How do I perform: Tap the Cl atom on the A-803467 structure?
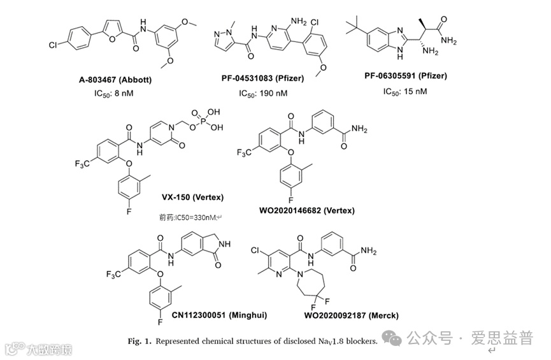[x=54, y=46]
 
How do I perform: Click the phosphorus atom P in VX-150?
[x=198, y=119]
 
